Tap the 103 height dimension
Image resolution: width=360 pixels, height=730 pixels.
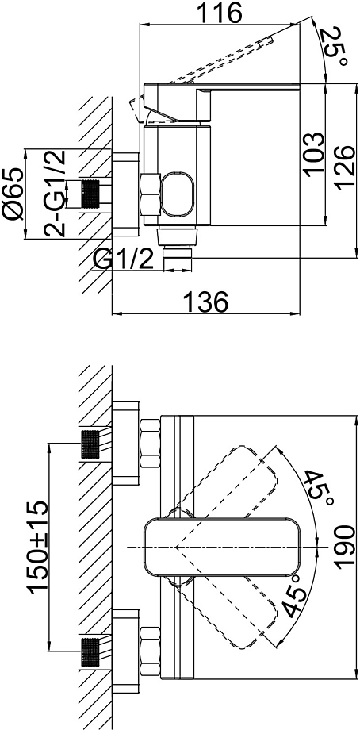pyautogui.click(x=314, y=154)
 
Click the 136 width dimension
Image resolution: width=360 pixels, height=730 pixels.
pyautogui.click(x=206, y=302)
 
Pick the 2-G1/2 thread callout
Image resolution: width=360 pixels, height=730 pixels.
pyautogui.click(x=55, y=194)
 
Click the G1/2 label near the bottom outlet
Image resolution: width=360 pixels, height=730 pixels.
pyautogui.click(x=124, y=259)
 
